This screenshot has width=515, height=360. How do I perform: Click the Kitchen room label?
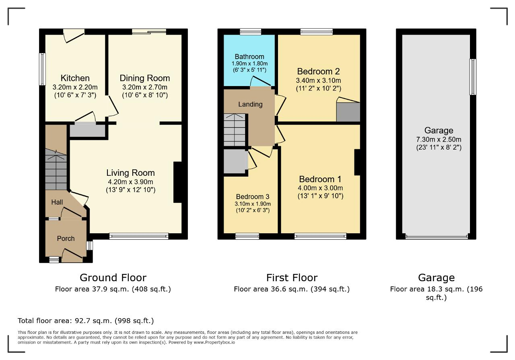click(x=75, y=78)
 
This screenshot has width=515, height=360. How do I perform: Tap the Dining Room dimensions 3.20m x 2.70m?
click(x=144, y=87)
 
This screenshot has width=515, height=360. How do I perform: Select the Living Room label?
click(x=130, y=173)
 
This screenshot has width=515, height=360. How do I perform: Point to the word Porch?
click(x=66, y=239)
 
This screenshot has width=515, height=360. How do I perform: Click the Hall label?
click(x=57, y=202)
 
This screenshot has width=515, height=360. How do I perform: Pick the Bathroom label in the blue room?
click(x=249, y=57)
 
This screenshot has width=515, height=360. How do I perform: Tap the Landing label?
click(x=250, y=105)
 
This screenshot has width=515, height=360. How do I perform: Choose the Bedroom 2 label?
click(x=318, y=72)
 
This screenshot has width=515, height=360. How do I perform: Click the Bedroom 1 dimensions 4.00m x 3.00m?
click(x=320, y=188)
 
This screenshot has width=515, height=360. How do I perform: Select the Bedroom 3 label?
click(x=252, y=197)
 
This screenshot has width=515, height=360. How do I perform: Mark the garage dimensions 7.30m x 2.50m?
click(x=439, y=140)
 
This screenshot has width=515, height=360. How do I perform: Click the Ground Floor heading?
click(x=113, y=278)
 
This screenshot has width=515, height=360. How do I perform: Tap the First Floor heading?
click(x=292, y=278)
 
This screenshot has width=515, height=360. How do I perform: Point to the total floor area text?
click(x=86, y=321)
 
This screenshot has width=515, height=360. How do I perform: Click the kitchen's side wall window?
click(x=42, y=69)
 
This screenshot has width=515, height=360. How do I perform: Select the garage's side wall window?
click(x=473, y=77)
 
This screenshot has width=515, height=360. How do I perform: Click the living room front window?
click(x=139, y=237)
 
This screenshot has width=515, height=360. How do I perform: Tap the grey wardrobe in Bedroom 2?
click(x=348, y=112)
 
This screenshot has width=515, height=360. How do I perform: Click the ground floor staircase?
click(x=56, y=169)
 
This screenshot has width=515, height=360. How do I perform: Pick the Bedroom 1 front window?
click(x=320, y=237)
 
